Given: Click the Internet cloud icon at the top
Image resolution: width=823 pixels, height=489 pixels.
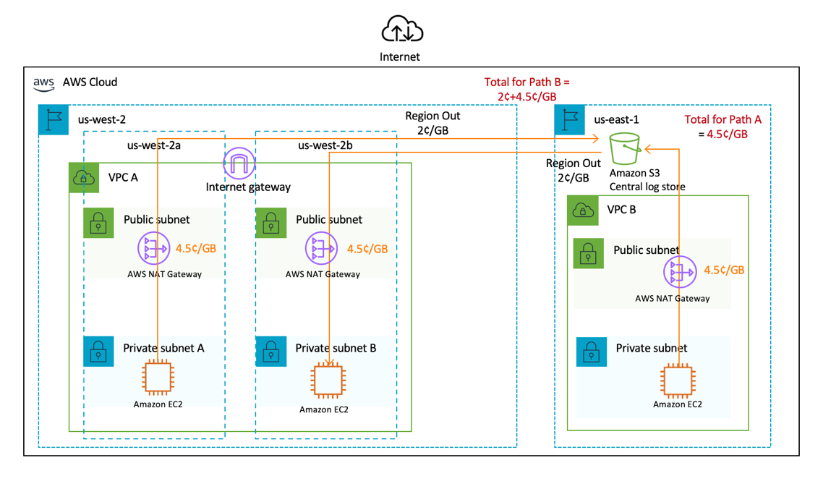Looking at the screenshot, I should (402, 30).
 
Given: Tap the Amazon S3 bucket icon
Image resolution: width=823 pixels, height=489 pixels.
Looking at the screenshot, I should (626, 149).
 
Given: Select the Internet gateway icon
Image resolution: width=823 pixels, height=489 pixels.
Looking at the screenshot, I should (239, 163).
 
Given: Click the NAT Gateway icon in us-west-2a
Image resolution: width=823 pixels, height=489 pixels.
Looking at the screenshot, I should (153, 249).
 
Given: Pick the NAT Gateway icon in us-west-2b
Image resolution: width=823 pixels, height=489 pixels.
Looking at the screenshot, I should (323, 249).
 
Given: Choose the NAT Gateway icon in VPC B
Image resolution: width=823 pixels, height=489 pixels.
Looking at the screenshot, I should (678, 272).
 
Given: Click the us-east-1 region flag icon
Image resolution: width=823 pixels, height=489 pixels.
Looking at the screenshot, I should (570, 120).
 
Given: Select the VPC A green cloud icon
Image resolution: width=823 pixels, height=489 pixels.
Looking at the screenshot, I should (85, 178).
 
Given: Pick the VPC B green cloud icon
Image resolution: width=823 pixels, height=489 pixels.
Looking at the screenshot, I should (583, 211).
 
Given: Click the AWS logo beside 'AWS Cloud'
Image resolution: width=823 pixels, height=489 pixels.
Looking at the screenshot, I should (44, 83).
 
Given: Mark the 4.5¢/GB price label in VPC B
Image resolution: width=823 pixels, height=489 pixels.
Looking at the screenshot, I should (724, 270).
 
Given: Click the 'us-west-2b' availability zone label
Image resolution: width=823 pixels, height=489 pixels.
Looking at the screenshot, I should (325, 145).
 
